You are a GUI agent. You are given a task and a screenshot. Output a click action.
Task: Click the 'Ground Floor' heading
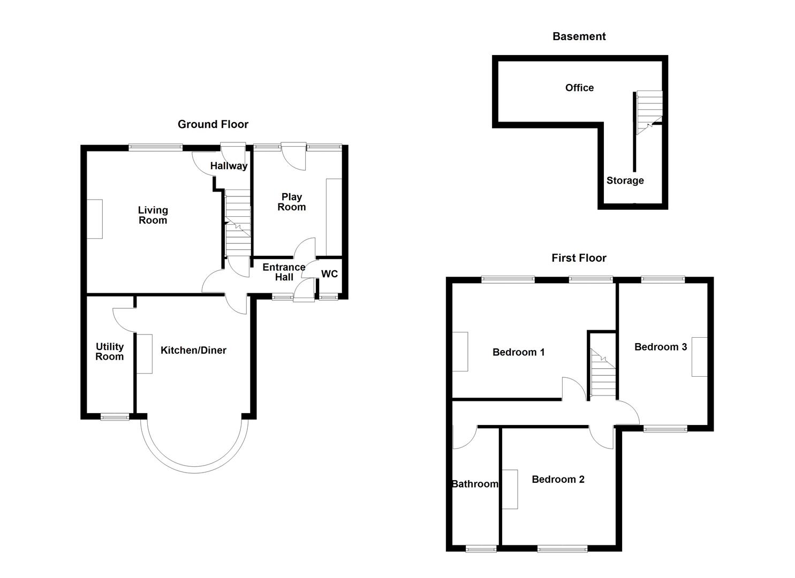(213, 124)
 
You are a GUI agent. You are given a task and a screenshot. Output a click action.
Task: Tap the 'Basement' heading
(579, 36)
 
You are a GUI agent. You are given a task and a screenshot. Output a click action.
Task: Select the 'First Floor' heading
(579, 258)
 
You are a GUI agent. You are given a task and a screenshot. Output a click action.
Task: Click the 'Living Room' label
(153, 215)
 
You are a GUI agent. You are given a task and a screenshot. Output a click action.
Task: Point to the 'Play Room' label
(291, 202)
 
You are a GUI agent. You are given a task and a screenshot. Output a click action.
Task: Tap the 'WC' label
(329, 274)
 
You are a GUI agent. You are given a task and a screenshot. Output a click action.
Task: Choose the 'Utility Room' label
(109, 352)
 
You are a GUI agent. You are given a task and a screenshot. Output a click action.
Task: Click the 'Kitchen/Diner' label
(193, 351)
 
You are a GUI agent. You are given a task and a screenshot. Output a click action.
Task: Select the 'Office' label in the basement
(579, 88)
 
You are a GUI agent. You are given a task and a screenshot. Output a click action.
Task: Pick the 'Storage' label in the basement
(625, 181)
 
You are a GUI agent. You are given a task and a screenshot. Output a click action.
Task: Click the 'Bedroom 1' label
(518, 352)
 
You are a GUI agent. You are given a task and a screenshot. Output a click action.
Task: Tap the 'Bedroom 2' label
(558, 480)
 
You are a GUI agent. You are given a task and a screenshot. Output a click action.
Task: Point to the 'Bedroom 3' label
(660, 347)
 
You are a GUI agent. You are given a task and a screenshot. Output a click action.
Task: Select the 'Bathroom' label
(475, 484)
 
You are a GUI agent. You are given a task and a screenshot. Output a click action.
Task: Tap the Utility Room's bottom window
(115, 416)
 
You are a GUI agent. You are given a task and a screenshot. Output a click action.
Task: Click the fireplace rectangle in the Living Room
(95, 219)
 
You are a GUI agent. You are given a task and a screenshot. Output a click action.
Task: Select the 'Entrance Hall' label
(284, 272)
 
